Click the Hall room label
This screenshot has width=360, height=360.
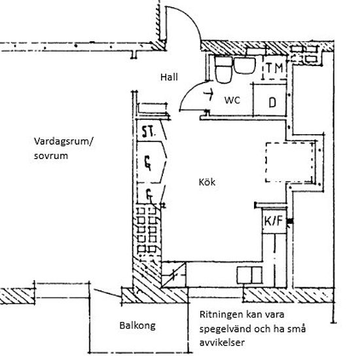point(169,77)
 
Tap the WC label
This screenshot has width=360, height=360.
point(232,100)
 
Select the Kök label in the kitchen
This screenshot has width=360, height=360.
point(207,182)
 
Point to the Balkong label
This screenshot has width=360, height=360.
point(137,325)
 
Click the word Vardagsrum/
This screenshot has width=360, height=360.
point(64,142)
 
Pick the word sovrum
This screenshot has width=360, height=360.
point(51,156)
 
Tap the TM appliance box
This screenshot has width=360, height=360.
point(275,67)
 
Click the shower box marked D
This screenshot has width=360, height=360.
point(270,100)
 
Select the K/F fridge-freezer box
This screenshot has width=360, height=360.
point(274,221)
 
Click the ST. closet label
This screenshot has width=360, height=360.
point(149,132)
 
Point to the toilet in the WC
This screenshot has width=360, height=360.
point(223,69)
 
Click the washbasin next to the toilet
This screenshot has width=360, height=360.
point(245,65)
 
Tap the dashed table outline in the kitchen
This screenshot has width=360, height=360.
point(290,162)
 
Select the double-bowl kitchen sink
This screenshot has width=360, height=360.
point(249,275)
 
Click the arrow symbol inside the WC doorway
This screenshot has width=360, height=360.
point(209,94)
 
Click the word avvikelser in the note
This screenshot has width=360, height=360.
point(222,342)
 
